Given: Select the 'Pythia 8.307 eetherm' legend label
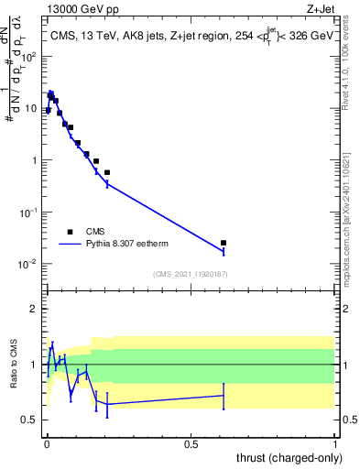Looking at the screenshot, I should pos(126,245).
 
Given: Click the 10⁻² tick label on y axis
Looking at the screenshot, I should pos(32,264).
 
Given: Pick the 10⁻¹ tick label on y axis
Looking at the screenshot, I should pos(32,212).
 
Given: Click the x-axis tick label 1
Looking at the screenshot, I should pos(335,443).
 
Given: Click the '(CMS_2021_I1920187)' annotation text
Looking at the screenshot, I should pos(190,274).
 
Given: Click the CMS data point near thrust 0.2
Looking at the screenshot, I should pos(107,172).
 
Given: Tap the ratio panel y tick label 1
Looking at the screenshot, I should pos(37,365).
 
